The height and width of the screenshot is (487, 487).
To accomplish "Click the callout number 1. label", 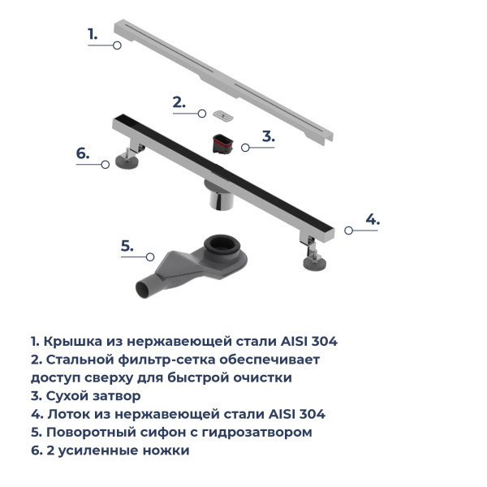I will (93, 34).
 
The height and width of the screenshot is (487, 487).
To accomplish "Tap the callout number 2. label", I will (179, 103).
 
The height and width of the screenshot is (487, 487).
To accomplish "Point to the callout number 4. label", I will (372, 219).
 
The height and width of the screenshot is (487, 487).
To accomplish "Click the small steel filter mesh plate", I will (221, 114).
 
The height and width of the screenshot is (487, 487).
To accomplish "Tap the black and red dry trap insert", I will (222, 144).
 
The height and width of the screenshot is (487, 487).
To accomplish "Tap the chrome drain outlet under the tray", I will (218, 198).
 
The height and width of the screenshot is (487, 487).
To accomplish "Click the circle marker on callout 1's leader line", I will (117, 46).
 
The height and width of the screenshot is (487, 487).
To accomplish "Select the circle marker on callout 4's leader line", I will (349, 231).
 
